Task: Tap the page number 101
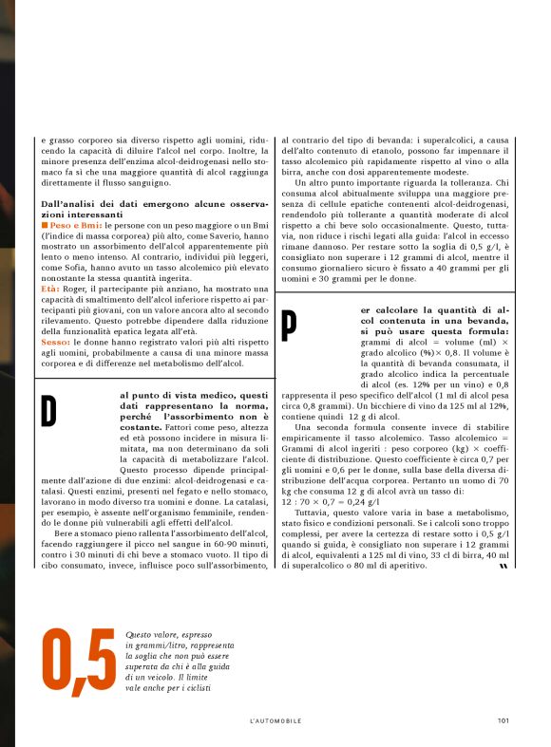(503, 720)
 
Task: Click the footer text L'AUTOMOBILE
(275, 720)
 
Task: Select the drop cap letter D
(48, 409)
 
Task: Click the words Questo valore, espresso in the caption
(165, 633)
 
